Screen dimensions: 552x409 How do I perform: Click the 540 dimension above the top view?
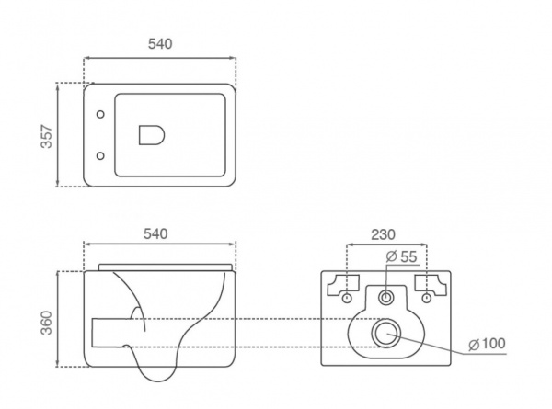[160, 43]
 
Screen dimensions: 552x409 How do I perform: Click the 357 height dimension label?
[47, 136]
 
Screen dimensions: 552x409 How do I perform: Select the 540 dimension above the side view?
[155, 233]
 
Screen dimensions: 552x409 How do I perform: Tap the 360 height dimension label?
[47, 323]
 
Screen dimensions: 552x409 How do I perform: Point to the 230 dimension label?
[384, 234]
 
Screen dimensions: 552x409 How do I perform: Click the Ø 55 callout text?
[401, 256]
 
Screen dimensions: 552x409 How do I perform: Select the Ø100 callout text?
[488, 344]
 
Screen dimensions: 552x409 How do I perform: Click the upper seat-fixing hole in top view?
[100, 114]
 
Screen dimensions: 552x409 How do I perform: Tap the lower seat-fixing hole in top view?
[100, 156]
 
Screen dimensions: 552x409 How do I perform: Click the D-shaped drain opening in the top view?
[152, 135]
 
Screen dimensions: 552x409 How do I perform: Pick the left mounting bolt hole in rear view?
[347, 298]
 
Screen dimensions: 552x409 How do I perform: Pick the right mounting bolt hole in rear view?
[427, 298]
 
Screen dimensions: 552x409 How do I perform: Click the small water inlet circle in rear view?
[386, 298]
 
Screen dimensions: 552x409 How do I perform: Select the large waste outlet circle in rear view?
[386, 333]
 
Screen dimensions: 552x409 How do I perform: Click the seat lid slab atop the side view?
[166, 267]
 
